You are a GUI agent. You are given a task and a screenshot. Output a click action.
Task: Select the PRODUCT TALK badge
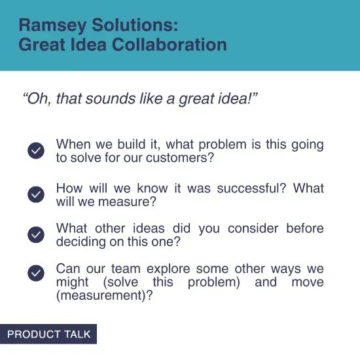point(48,334)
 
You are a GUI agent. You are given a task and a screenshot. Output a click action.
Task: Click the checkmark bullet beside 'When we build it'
point(36,151)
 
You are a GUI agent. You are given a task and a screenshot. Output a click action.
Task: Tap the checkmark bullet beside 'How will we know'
point(36,194)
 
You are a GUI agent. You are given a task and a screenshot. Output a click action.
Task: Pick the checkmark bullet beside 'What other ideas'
point(36,234)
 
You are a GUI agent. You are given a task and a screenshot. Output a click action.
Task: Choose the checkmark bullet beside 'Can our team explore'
point(36,274)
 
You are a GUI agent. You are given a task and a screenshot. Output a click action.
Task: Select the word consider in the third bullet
point(252,228)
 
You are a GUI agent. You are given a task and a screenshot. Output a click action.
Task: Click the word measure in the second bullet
point(127,202)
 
